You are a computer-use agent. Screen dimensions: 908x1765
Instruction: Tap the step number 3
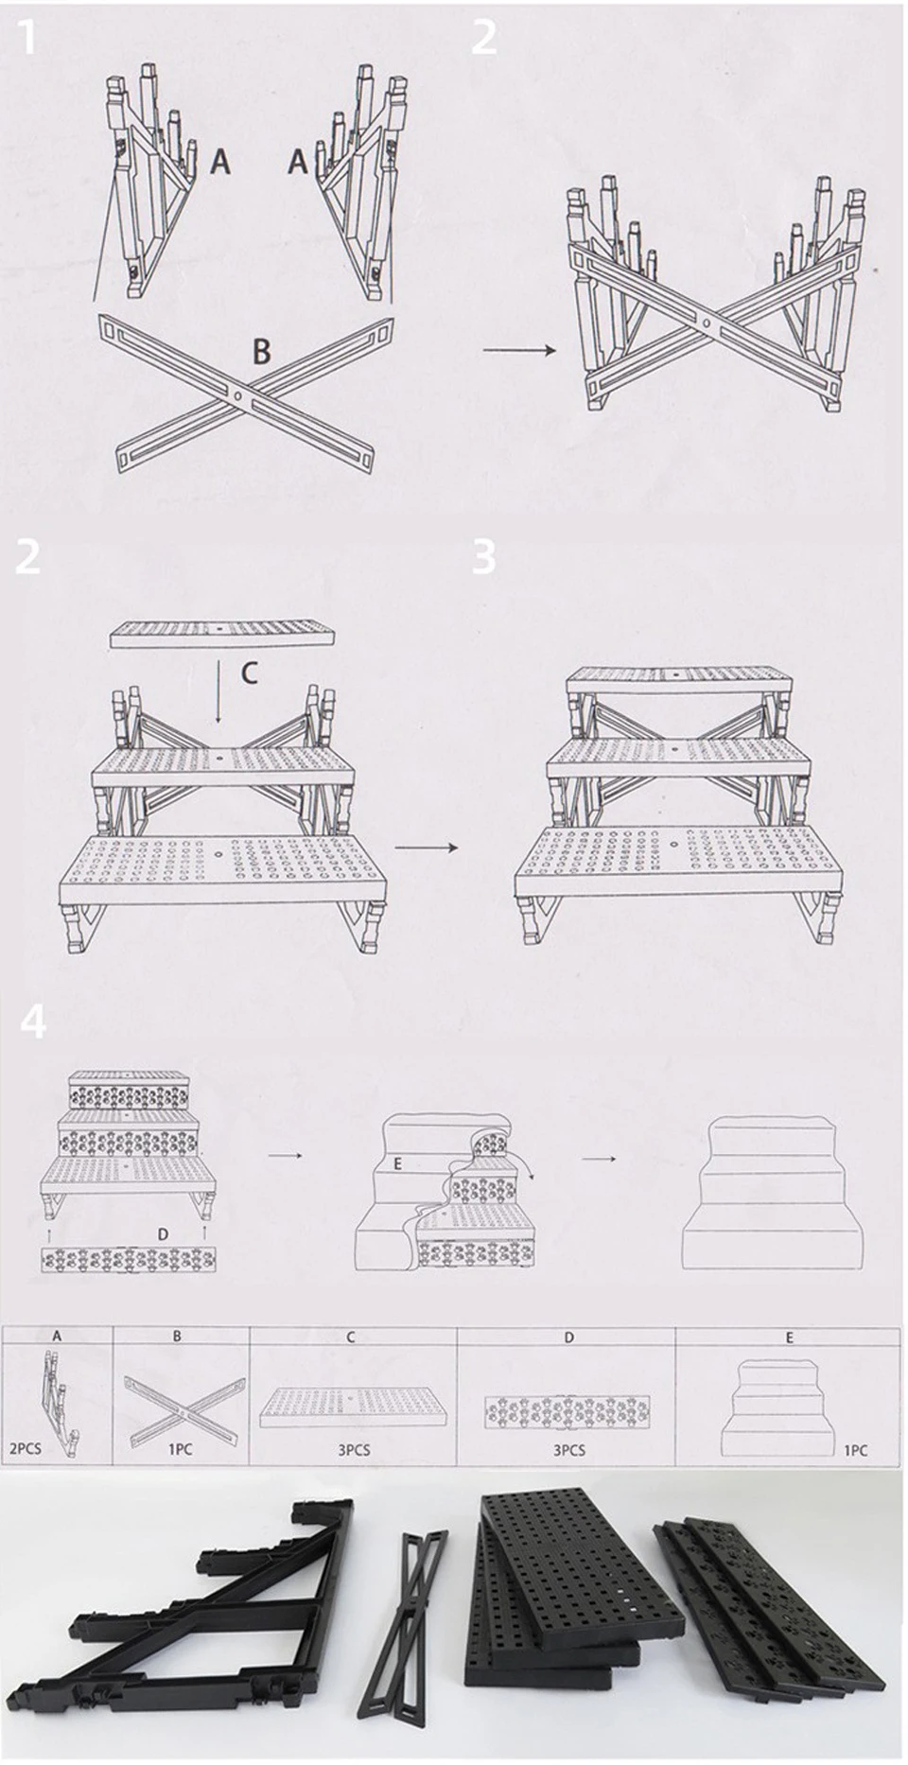(x=484, y=557)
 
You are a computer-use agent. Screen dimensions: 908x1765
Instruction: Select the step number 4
(x=33, y=1022)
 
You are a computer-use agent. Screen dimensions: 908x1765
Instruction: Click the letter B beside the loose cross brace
(x=261, y=352)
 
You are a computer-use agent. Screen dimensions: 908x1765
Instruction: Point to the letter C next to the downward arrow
(x=249, y=673)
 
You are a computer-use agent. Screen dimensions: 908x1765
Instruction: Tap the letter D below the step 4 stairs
(x=163, y=1234)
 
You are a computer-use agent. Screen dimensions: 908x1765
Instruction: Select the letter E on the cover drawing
(x=397, y=1163)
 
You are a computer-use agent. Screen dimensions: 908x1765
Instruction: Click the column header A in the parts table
(x=57, y=1337)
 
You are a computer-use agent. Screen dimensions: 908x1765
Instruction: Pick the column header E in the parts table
(x=790, y=1337)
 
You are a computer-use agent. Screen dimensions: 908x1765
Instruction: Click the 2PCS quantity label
(x=26, y=1449)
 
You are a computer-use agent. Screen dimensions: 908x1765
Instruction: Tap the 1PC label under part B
(x=181, y=1449)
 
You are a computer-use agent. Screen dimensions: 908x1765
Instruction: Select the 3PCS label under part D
(x=568, y=1449)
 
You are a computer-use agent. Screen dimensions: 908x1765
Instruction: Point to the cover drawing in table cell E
(x=782, y=1400)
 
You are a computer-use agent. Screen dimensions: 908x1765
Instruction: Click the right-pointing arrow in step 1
(x=519, y=351)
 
